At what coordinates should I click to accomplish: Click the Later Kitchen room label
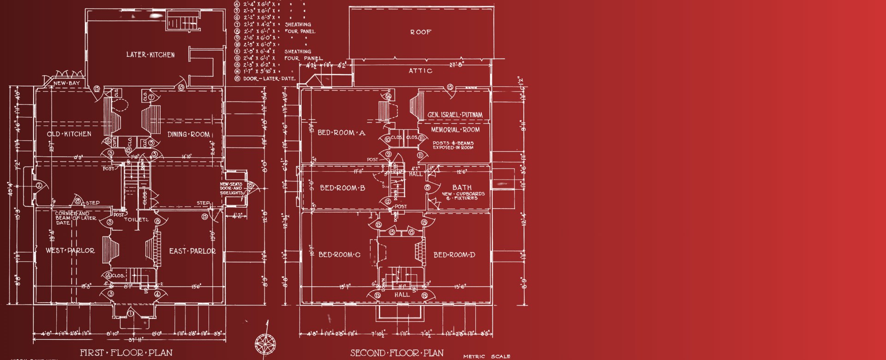pyautogui.click(x=150, y=55)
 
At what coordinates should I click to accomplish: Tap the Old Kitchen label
pyautogui.click(x=69, y=134)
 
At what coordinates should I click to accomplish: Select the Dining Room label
pyautogui.click(x=189, y=135)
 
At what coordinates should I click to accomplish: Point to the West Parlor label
pyautogui.click(x=70, y=251)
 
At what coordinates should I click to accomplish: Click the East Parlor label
pyautogui.click(x=192, y=251)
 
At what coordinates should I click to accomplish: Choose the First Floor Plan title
pyautogui.click(x=126, y=353)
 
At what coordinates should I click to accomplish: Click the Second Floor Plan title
pyautogui.click(x=397, y=353)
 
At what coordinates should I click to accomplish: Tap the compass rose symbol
pyautogui.click(x=265, y=344)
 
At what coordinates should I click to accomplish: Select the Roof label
pyautogui.click(x=421, y=32)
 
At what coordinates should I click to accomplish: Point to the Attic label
pyautogui.click(x=420, y=71)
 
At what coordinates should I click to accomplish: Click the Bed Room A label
pyautogui.click(x=341, y=133)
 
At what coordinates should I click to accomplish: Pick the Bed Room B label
pyautogui.click(x=342, y=188)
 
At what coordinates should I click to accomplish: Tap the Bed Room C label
pyautogui.click(x=340, y=255)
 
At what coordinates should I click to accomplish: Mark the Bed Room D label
pyautogui.click(x=455, y=255)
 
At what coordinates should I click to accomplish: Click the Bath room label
pyautogui.click(x=462, y=187)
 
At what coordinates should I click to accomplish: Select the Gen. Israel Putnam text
pyautogui.click(x=455, y=115)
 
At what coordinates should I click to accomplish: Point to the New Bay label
pyautogui.click(x=66, y=84)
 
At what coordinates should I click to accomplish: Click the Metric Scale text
pyautogui.click(x=487, y=356)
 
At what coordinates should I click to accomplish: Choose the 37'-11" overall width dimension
pyautogui.click(x=136, y=340)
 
